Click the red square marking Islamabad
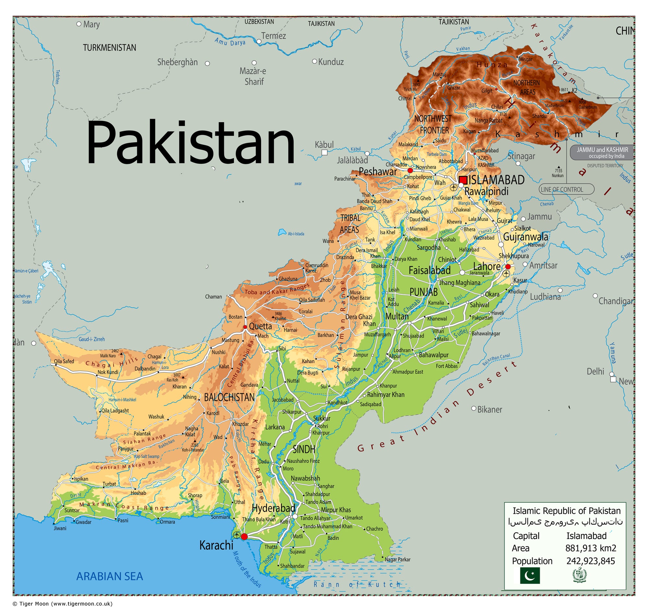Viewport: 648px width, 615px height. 463,180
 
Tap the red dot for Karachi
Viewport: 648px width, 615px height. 244,537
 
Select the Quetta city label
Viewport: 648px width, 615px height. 260,326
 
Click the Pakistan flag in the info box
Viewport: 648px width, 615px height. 530,576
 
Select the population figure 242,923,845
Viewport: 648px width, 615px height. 590,561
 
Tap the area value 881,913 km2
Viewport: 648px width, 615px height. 590,548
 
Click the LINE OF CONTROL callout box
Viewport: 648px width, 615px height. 566,189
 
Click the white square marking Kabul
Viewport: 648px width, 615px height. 324,152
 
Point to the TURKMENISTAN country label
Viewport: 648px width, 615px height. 109,48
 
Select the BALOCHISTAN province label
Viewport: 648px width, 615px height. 229,398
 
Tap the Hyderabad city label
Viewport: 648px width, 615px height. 273,508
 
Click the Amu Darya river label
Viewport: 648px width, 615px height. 230,42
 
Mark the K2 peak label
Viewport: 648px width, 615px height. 574,90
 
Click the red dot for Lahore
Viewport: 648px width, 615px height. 508,266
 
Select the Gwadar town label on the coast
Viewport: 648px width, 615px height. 83,522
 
